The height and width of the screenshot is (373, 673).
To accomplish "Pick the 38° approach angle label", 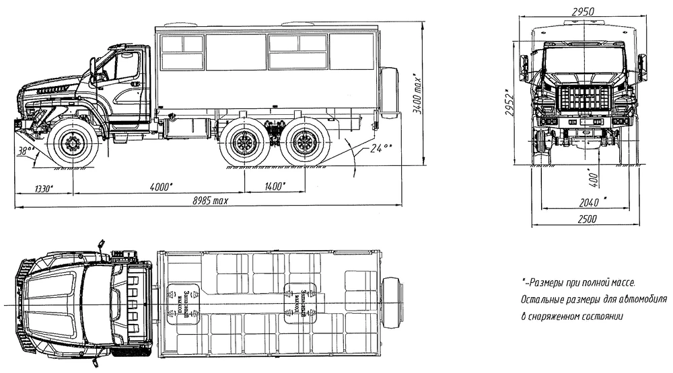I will tap(28, 152).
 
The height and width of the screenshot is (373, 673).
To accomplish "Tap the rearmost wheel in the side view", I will tap(305, 144).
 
